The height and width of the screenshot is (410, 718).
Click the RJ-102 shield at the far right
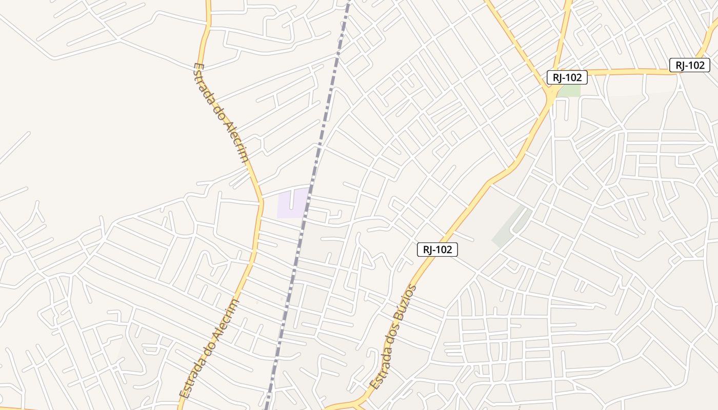coord(689,65)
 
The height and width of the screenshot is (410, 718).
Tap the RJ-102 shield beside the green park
coord(566,77)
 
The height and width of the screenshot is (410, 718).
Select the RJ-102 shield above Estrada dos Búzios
coord(437,250)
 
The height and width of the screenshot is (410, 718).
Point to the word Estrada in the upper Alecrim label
coord(204,81)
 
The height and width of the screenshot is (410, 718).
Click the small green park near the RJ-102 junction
coord(569,91)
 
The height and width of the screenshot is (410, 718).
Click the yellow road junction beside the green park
coord(551,95)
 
